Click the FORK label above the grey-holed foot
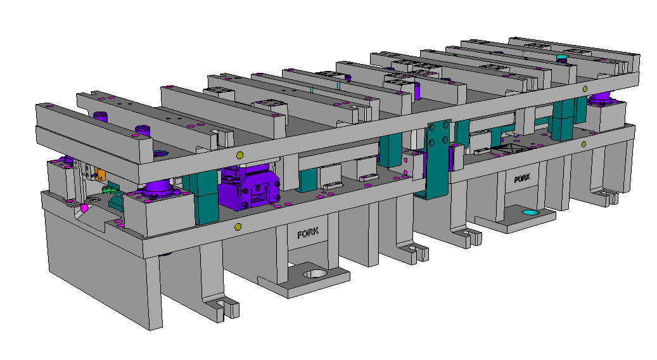click(x=307, y=233)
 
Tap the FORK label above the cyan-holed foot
click(x=521, y=179)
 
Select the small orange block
click(x=99, y=174)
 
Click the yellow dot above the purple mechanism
click(x=239, y=155)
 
